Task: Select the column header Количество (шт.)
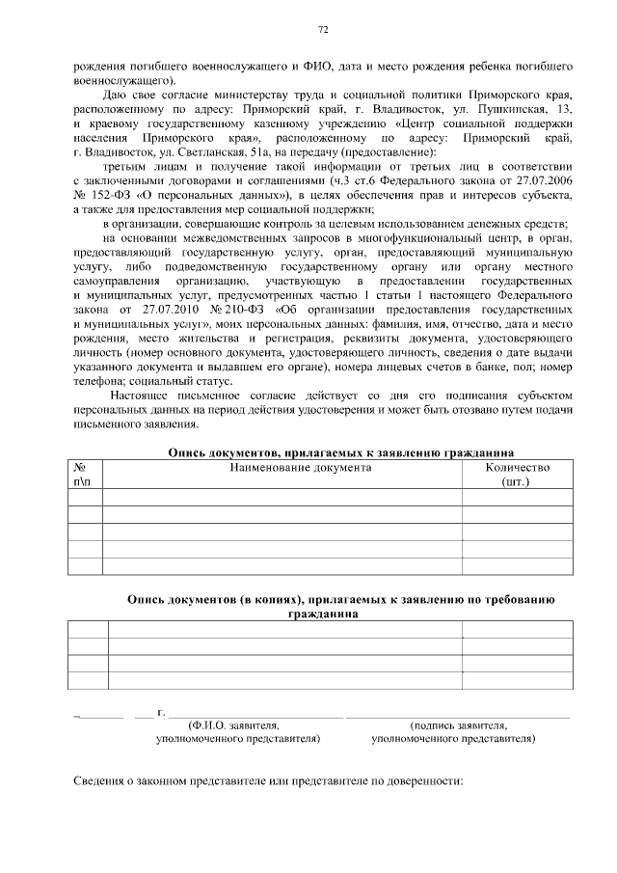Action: [518, 475]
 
